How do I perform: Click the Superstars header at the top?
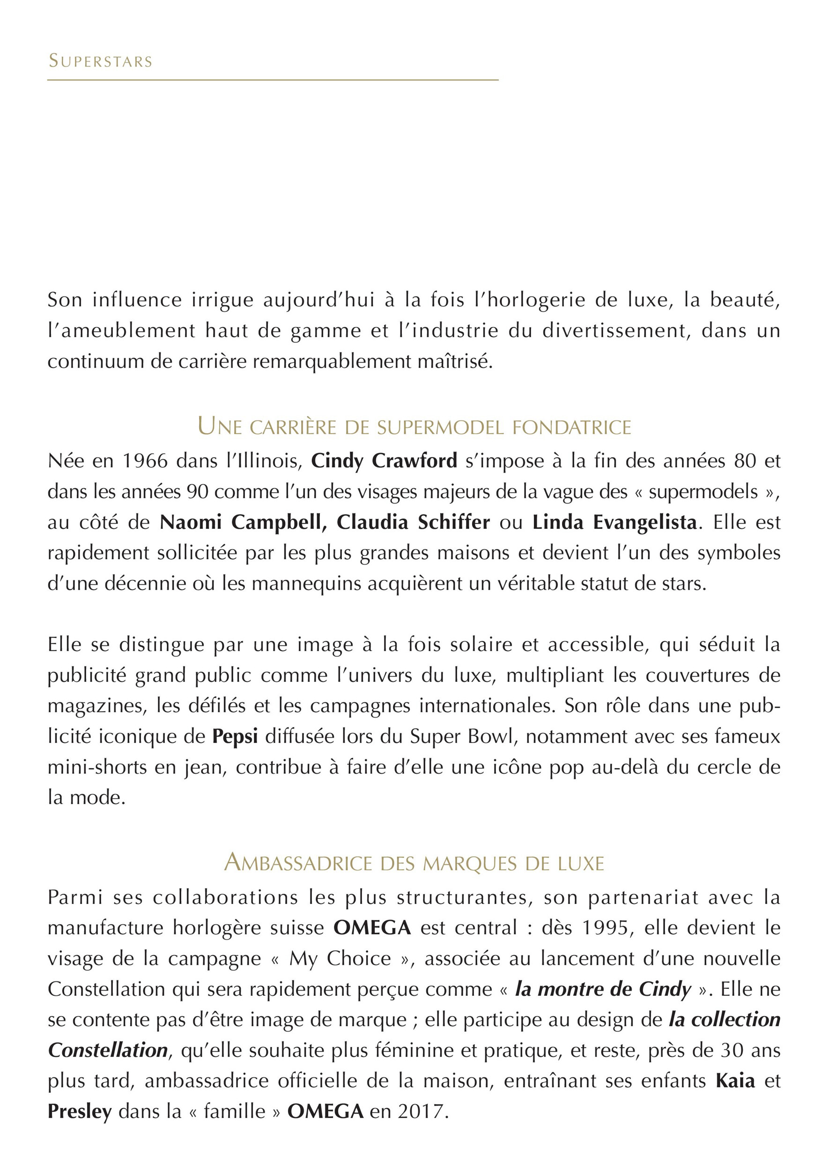100,61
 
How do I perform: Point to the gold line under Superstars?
273,80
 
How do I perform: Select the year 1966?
145,461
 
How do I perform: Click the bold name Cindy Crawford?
384,461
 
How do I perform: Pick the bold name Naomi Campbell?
243,522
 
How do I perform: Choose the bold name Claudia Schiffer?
413,522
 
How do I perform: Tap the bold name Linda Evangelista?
614,522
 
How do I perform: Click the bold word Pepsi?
235,736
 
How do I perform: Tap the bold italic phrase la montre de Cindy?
603,989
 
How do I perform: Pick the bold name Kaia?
735,1081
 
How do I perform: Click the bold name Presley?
80,1112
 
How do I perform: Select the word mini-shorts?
97,767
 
